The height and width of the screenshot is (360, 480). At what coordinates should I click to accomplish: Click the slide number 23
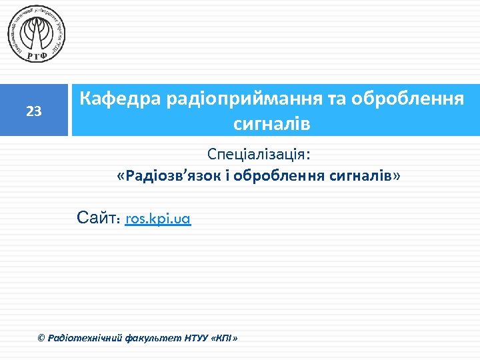(34, 111)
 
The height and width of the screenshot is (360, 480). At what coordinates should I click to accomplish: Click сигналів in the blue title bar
(271, 123)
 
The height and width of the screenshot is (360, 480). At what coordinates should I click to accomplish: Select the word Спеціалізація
(259, 155)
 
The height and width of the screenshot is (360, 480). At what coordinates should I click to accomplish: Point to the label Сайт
(98, 217)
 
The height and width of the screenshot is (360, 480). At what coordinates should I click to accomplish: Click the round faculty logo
(37, 34)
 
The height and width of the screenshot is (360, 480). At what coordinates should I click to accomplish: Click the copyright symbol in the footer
(41, 339)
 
